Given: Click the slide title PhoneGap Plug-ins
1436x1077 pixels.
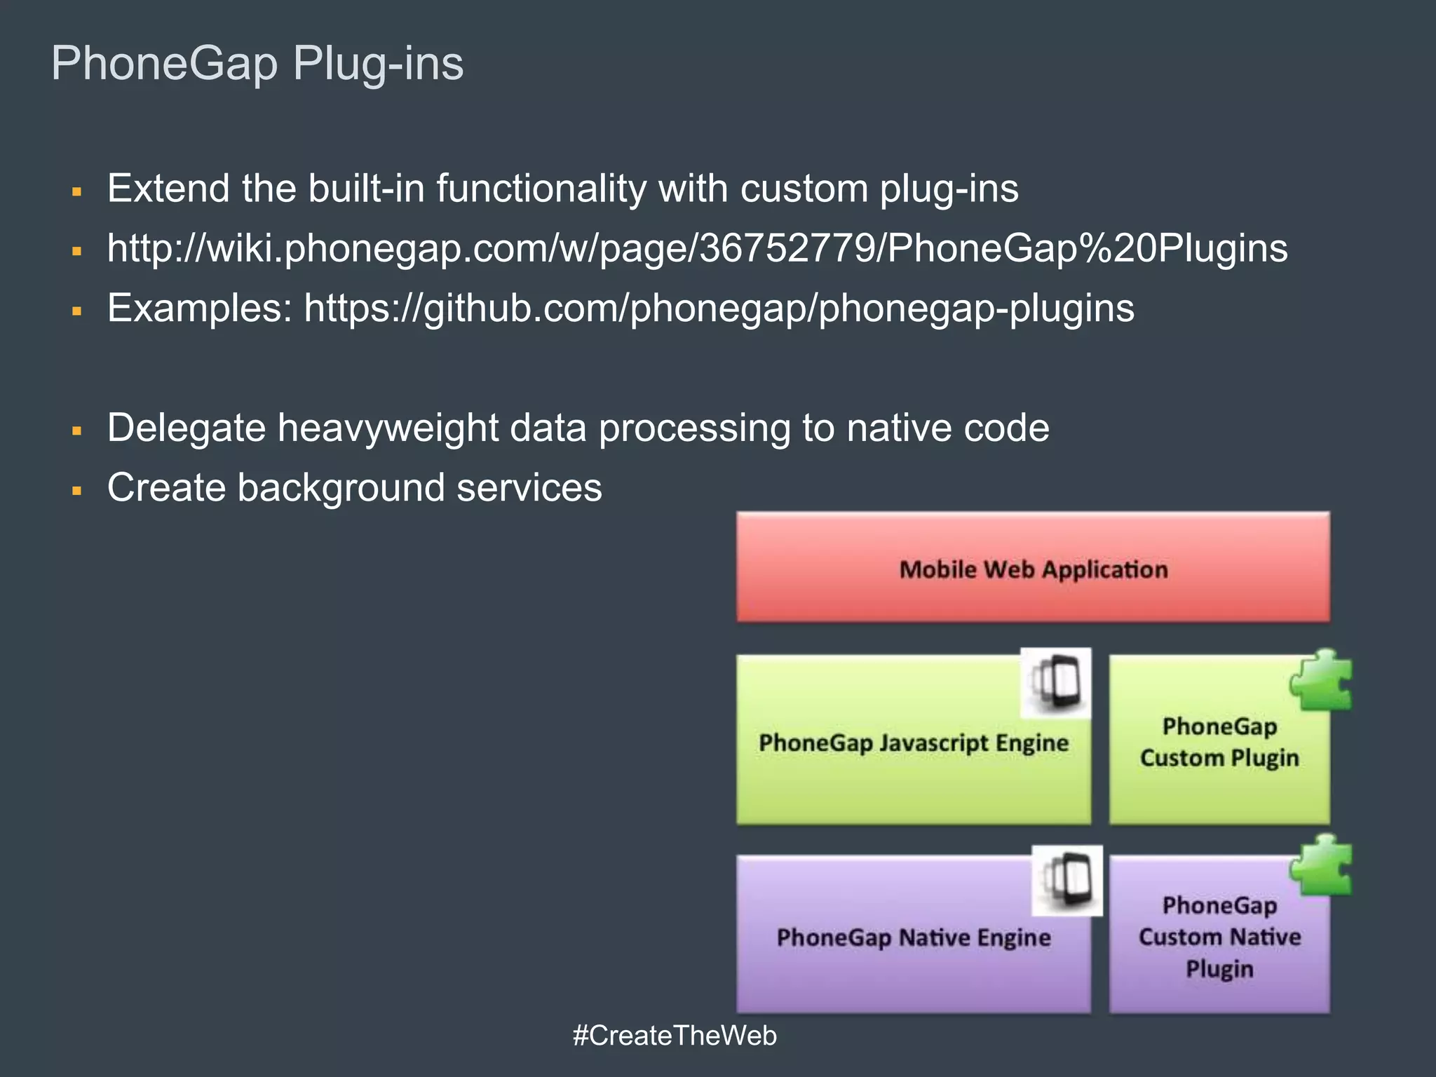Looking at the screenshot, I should tap(257, 64).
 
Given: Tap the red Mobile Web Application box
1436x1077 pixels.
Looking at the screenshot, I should tap(1033, 568).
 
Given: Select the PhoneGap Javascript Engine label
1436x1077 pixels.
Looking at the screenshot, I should tap(913, 743).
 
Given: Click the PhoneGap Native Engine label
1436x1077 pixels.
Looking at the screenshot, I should tap(913, 937).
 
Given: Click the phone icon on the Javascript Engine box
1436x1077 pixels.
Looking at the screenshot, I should tap(1055, 682).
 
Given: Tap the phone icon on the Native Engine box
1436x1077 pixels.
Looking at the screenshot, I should tap(1066, 881).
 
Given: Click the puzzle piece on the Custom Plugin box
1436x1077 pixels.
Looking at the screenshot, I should tap(1322, 680).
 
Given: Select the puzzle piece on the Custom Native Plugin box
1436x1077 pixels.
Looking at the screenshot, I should tap(1322, 865).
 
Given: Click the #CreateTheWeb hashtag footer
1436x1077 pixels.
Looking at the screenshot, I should tap(675, 1036).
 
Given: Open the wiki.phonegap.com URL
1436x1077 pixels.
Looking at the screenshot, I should tap(697, 248).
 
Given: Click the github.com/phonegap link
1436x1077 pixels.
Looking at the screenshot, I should tap(719, 308).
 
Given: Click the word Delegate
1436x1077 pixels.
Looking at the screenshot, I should tap(186, 428).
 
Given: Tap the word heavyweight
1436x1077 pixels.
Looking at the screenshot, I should tap(388, 428).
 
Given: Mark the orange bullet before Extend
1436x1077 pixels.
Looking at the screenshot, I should tap(77, 191).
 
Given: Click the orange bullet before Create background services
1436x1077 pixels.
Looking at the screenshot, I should tap(77, 490).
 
